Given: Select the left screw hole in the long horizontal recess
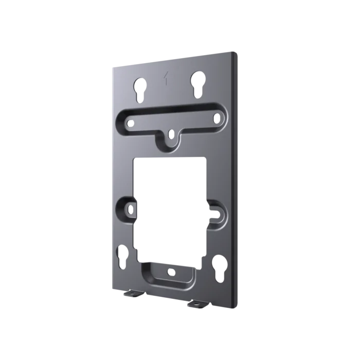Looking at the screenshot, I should [x=129, y=123].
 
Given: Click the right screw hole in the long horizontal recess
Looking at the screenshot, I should [x=215, y=118].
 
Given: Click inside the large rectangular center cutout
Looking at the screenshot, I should [x=170, y=206].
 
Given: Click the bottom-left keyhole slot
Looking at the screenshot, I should [x=122, y=255].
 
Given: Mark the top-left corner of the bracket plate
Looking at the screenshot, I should [x=112, y=67].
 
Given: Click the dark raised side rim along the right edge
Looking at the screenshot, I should [x=235, y=180].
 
